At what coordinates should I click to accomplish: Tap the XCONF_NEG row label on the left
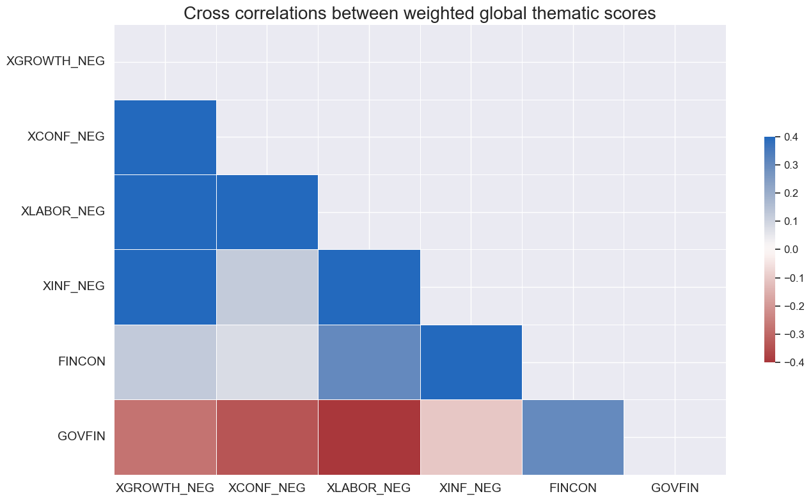tap(66, 136)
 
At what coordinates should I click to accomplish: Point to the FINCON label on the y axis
tap(81, 361)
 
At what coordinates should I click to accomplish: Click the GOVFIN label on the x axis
tap(675, 488)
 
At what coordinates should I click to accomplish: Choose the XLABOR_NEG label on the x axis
tap(368, 488)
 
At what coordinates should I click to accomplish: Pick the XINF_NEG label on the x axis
tap(470, 488)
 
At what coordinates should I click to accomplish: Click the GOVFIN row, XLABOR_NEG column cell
tap(369, 437)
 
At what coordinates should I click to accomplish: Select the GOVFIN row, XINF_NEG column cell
tap(471, 437)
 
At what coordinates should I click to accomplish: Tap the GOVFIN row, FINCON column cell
tap(572, 437)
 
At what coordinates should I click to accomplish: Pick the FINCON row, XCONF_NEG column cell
tap(267, 362)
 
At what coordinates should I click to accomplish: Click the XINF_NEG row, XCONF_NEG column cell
tap(267, 287)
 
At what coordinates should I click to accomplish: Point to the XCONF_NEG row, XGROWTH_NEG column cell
tap(165, 137)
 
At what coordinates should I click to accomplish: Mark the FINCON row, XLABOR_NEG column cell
tap(369, 362)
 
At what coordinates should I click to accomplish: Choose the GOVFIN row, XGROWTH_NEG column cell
tap(165, 437)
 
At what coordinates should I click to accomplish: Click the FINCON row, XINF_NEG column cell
tap(471, 362)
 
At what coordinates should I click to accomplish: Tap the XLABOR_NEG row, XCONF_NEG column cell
tap(267, 212)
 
